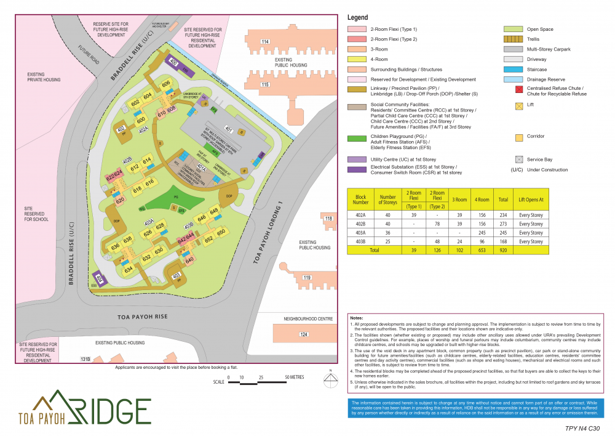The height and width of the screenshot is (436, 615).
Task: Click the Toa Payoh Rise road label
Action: click(142, 317)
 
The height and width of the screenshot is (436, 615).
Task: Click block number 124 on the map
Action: click(302, 334)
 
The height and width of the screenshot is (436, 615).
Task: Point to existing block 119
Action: click(306, 278)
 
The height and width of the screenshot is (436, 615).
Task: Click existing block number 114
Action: click(265, 41)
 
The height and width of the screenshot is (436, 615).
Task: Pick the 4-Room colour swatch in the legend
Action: click(357, 59)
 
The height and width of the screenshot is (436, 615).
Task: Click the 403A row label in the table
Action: click(360, 233)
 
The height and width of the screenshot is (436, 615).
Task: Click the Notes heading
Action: click(356, 317)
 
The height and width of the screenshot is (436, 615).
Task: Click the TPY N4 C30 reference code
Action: click(582, 427)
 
